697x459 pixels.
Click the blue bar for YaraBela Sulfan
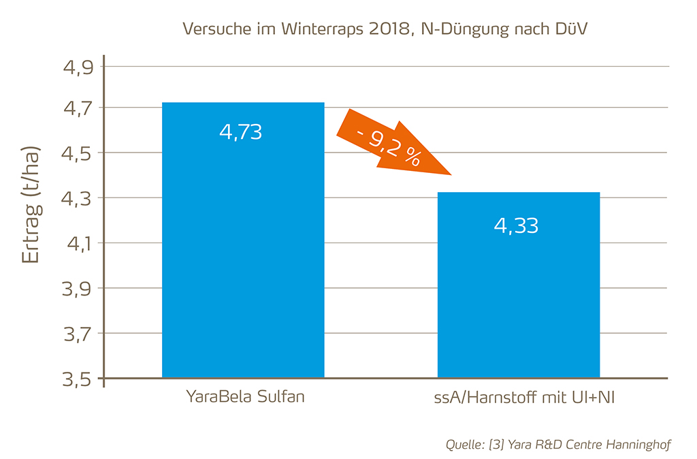243,259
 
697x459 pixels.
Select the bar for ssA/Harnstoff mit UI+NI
518,300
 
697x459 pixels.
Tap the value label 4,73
240,132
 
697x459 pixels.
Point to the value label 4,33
516,225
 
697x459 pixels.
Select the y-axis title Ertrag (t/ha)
31,204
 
